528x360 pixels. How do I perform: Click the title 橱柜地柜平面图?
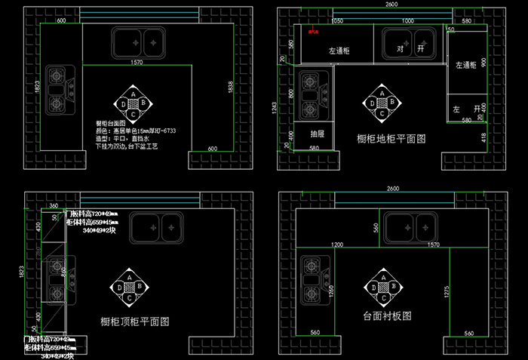pyautogui.click(x=391, y=139)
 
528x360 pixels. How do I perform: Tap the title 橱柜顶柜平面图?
pyautogui.click(x=134, y=321)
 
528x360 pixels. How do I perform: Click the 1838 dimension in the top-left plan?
pyautogui.click(x=229, y=88)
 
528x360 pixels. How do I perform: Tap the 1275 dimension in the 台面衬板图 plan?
pyautogui.click(x=449, y=291)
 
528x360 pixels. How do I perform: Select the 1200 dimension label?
pyautogui.click(x=337, y=245)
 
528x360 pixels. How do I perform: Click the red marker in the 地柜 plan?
pyautogui.click(x=312, y=32)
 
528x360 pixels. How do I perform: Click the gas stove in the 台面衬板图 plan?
pyautogui.click(x=312, y=277)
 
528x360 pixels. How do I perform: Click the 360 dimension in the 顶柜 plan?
pyautogui.click(x=53, y=205)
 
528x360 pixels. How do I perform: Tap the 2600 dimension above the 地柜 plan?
pyautogui.click(x=391, y=5)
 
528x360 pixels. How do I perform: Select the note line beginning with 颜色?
pyautogui.click(x=136, y=131)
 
